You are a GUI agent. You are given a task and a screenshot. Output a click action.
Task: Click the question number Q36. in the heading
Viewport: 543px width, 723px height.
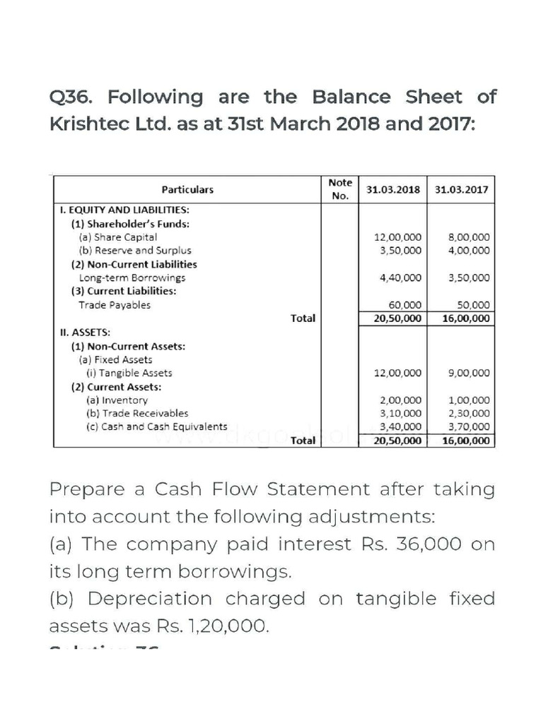tap(73, 97)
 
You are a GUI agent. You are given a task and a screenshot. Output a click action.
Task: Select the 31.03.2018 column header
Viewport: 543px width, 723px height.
tap(392, 190)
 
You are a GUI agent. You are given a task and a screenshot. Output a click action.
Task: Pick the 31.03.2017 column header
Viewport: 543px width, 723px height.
tap(461, 190)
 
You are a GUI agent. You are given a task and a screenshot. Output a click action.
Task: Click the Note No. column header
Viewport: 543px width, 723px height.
tap(340, 189)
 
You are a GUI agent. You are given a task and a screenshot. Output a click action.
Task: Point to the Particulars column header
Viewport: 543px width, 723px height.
tap(187, 190)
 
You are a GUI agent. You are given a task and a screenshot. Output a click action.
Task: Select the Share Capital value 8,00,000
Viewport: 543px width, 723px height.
tap(469, 237)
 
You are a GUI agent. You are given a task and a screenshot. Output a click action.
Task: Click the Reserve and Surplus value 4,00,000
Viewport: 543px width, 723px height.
tap(469, 250)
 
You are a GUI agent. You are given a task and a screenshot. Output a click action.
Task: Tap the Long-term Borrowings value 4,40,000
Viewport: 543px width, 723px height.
tap(401, 277)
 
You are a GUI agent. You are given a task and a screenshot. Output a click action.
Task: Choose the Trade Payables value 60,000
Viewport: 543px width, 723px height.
tap(406, 305)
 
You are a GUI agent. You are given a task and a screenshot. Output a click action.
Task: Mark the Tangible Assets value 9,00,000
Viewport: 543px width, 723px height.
tap(469, 373)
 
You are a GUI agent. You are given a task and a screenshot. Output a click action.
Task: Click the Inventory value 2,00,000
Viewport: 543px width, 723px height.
tap(401, 400)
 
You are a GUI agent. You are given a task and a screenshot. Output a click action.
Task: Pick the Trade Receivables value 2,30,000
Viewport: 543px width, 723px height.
tap(469, 413)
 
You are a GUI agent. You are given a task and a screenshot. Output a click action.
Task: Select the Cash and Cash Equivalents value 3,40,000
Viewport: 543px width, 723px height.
tap(401, 426)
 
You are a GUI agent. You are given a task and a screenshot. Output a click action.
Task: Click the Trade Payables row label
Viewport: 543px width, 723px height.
tap(115, 305)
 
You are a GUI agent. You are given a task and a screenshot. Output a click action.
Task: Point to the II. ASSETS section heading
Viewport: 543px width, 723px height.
tap(80, 331)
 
